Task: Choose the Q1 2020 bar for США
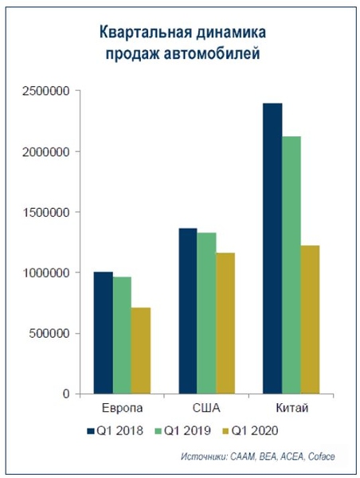(x=225, y=323)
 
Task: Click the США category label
(x=207, y=409)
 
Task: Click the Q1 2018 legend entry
(x=118, y=431)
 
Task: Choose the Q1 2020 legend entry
(x=254, y=431)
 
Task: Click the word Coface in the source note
(x=329, y=457)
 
